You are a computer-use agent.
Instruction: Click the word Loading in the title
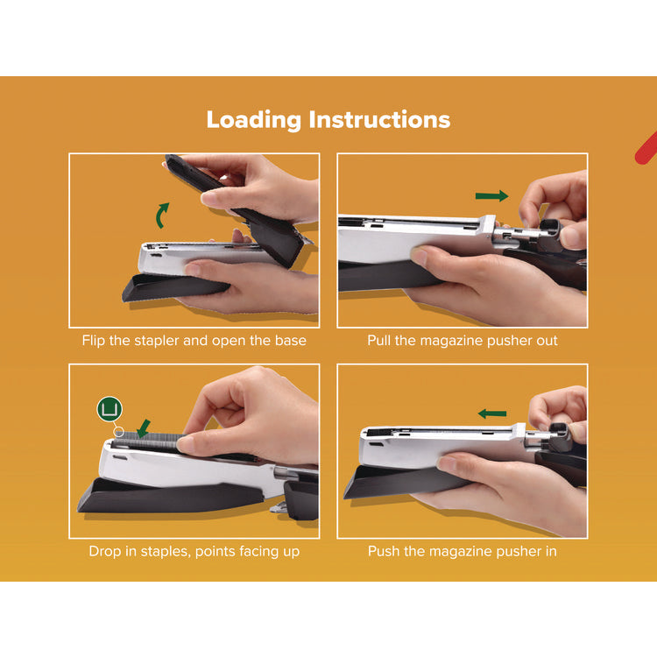254,120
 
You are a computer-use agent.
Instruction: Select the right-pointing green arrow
491,196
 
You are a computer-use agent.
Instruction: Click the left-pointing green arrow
493,413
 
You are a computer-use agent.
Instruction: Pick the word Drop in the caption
105,551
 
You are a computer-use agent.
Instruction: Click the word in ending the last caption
549,551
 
